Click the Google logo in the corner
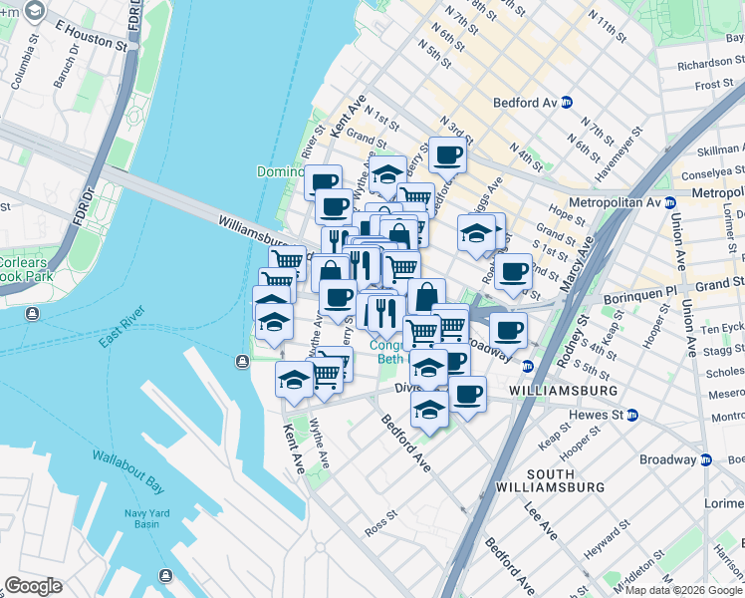(x=33, y=586)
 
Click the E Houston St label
(x=85, y=37)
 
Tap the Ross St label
(x=381, y=522)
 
